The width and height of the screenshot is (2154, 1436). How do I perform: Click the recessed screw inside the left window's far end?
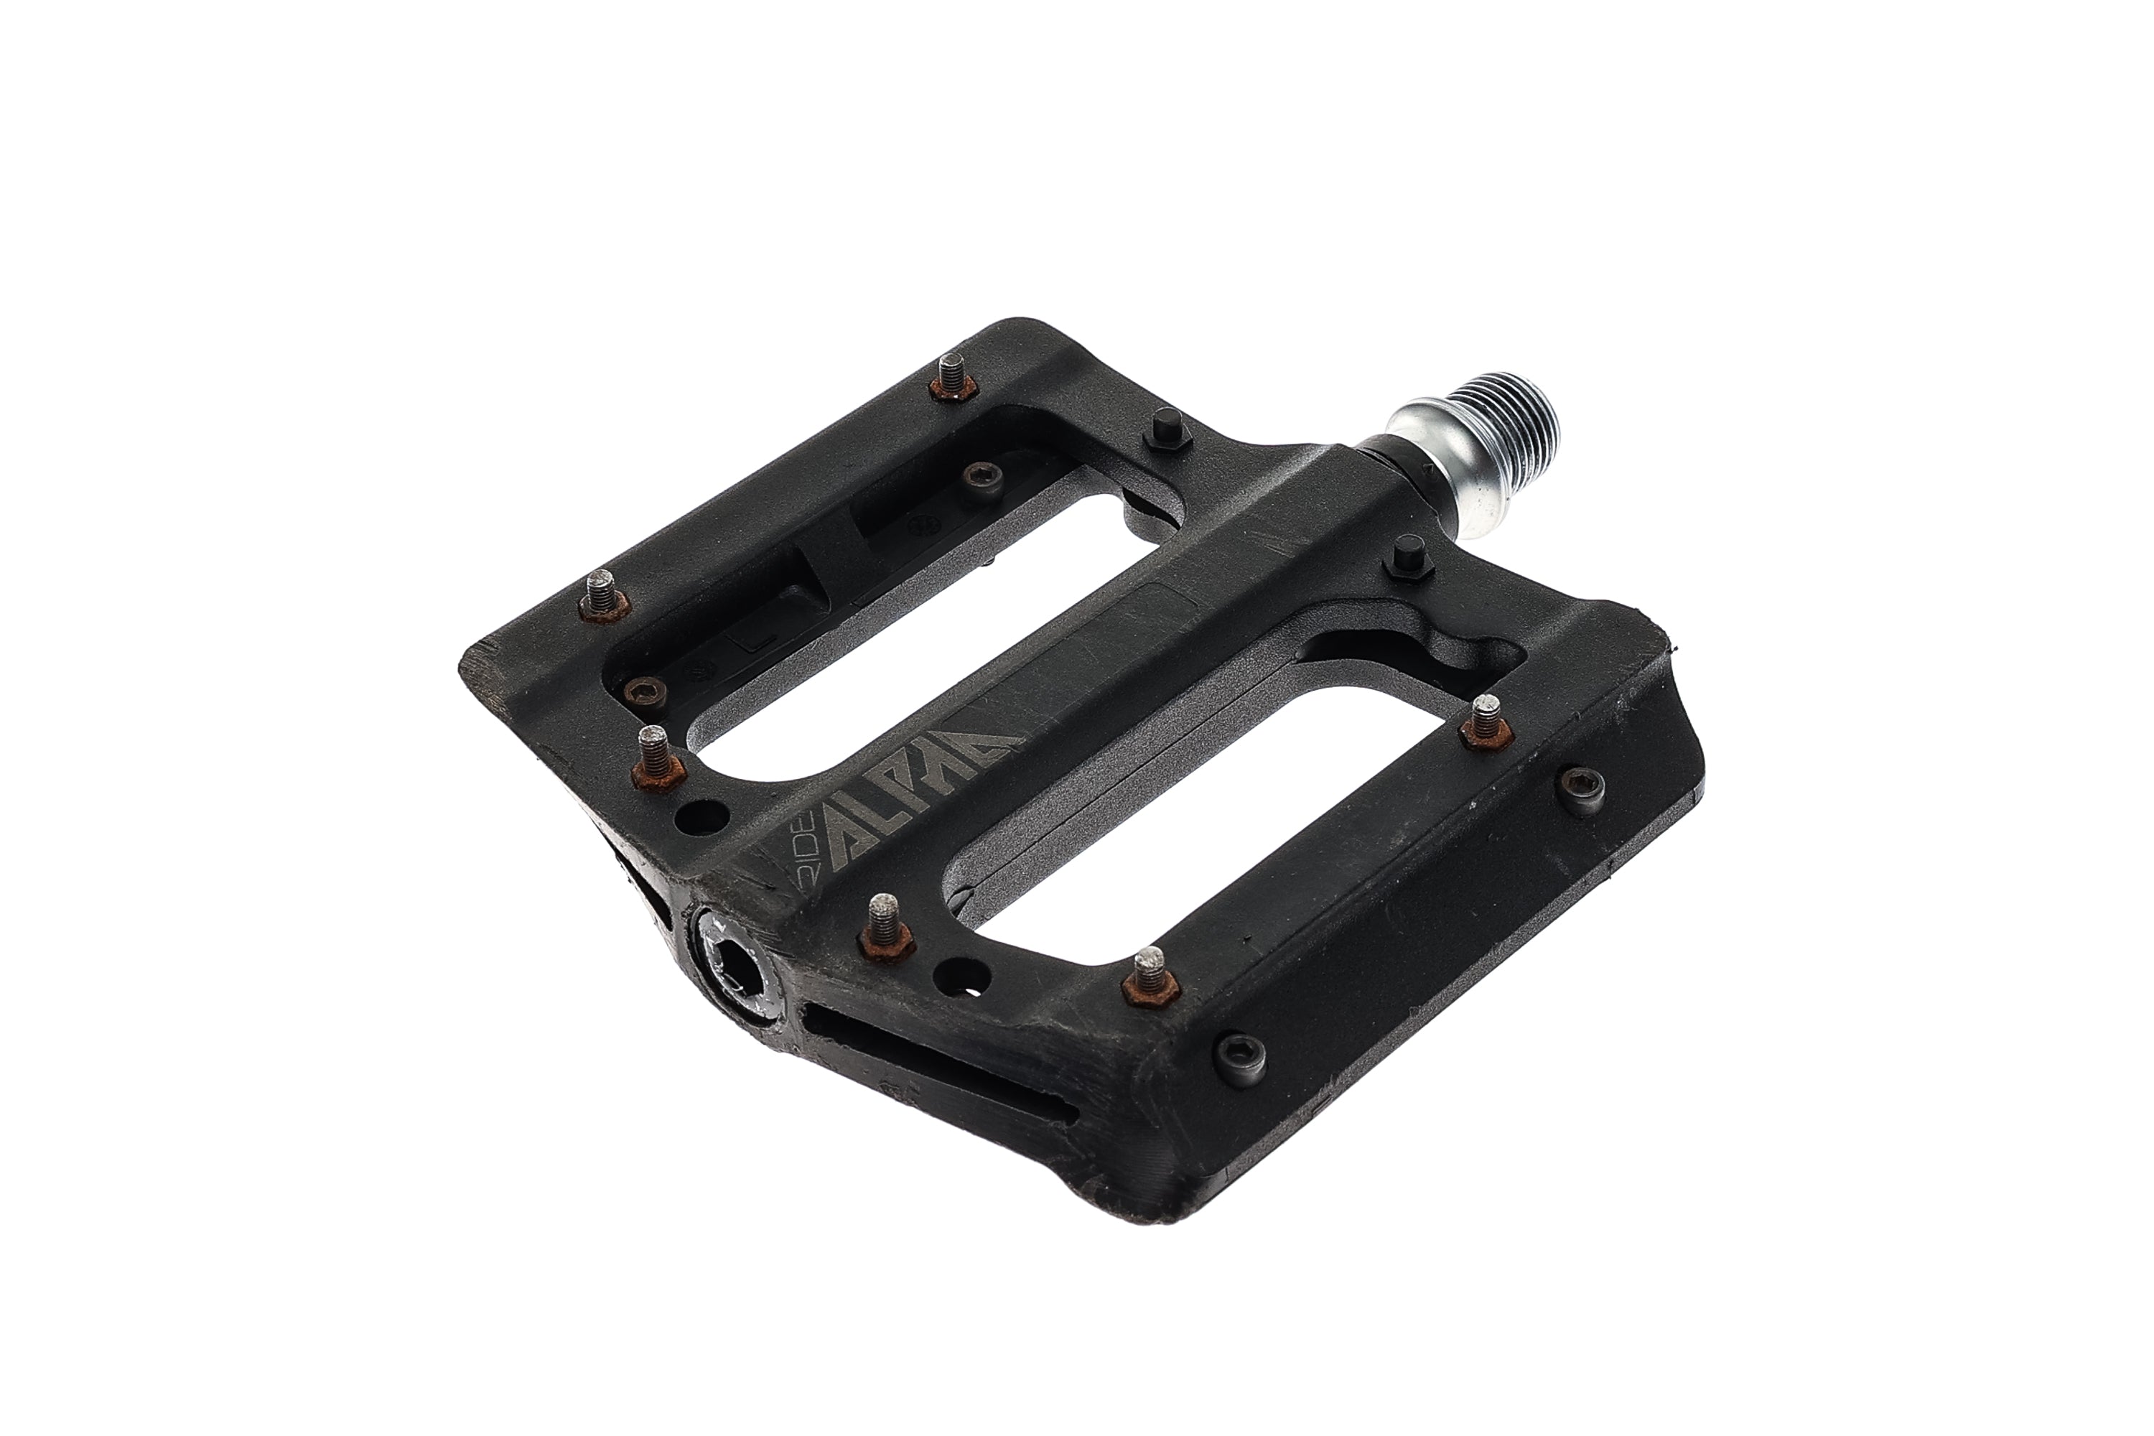click(x=984, y=475)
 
